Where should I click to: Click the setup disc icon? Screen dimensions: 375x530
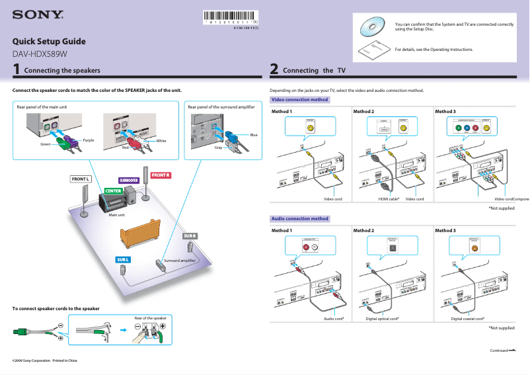click(x=371, y=26)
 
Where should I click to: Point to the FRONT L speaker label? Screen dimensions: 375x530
click(x=80, y=179)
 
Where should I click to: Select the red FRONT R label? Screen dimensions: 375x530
click(x=161, y=175)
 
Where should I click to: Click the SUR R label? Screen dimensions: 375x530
click(x=190, y=236)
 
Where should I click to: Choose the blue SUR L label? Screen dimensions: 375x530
click(x=123, y=260)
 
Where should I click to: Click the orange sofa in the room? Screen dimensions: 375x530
click(x=139, y=231)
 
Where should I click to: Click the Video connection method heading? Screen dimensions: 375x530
click(x=300, y=100)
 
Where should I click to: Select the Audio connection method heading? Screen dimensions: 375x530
click(x=300, y=218)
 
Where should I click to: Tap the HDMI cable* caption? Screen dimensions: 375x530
click(x=389, y=199)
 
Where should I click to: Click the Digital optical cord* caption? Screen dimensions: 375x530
click(x=382, y=319)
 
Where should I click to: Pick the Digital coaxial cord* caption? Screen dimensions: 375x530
click(x=467, y=319)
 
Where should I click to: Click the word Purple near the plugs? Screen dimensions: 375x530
click(x=89, y=140)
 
